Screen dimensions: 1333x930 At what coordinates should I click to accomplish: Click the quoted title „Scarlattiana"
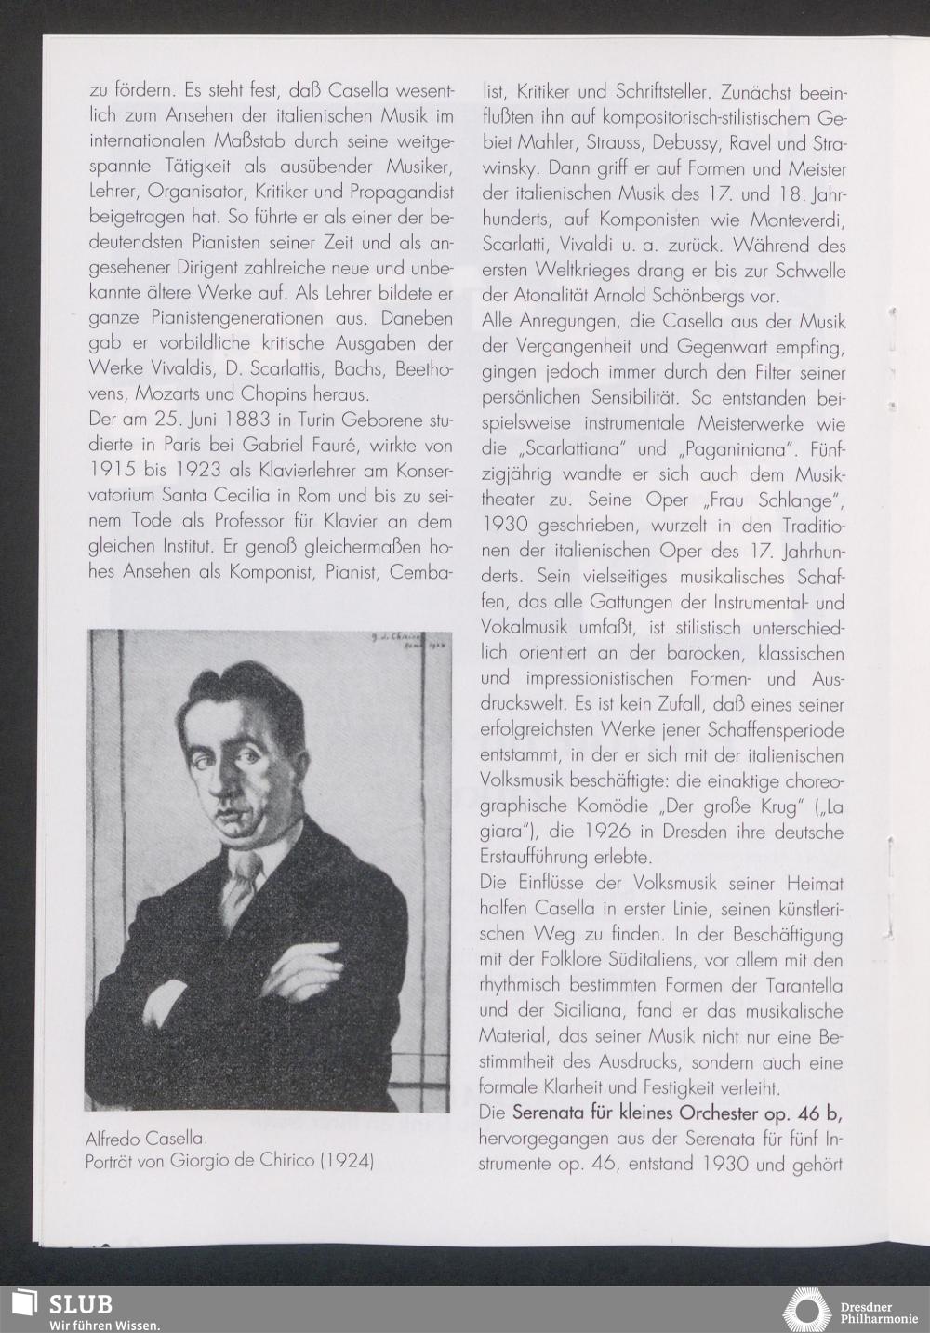577,449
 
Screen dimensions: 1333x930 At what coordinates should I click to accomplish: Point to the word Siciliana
605,1010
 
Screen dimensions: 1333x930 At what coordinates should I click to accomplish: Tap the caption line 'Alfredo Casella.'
145,1137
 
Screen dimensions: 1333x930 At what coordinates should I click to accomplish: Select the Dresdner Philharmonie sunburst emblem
806,1310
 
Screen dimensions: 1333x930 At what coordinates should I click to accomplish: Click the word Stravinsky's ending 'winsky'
511,169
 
